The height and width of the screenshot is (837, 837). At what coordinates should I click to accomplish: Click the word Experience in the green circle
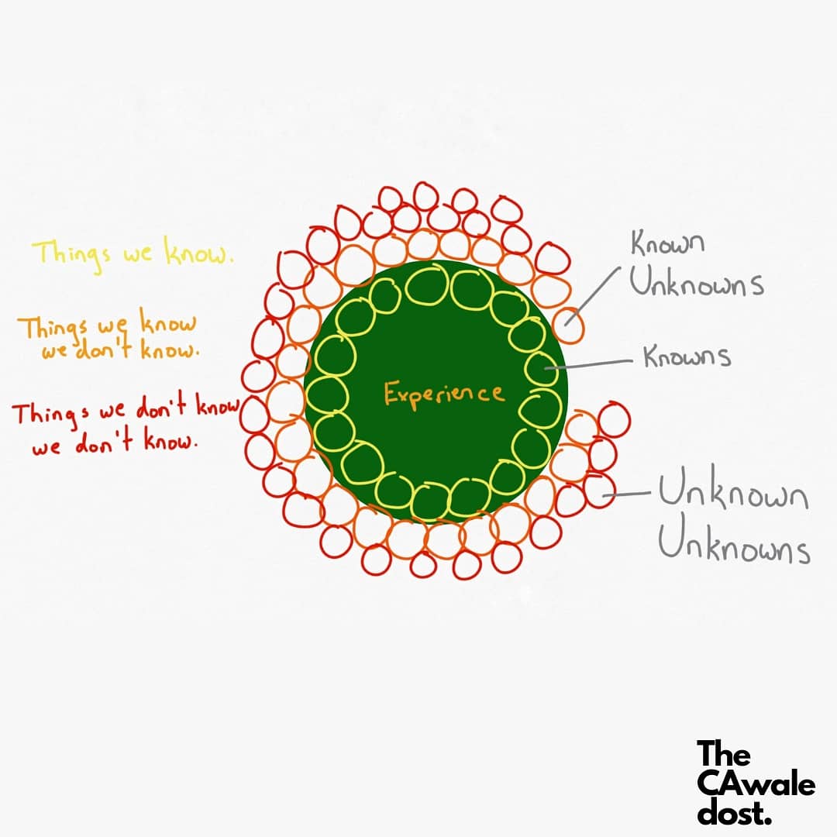click(444, 394)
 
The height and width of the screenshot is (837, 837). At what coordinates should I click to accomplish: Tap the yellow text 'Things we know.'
click(133, 253)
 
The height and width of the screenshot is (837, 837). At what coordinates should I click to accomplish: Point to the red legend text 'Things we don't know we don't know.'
click(124, 425)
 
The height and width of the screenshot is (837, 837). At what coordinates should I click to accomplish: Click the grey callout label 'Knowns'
click(687, 357)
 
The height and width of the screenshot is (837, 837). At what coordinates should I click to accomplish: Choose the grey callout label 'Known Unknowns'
click(695, 265)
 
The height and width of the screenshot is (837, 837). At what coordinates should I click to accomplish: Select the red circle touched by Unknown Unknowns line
click(598, 491)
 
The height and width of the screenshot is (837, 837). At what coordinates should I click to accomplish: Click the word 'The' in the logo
click(723, 754)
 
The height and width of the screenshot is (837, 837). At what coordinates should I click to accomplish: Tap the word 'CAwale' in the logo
click(755, 784)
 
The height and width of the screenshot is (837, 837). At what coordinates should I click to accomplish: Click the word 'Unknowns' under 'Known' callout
click(695, 284)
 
